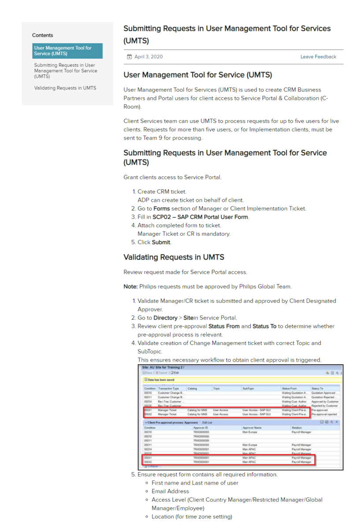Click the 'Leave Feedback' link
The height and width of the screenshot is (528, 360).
[x=318, y=57]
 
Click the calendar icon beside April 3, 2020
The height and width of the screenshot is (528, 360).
[x=129, y=57]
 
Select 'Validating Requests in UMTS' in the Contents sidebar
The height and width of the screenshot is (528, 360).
[x=65, y=88]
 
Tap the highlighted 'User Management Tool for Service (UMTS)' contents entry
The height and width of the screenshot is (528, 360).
[x=67, y=51]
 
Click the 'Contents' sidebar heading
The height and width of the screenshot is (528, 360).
[x=43, y=35]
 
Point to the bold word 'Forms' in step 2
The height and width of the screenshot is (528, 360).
[x=161, y=209]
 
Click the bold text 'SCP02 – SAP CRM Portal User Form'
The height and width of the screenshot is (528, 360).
[x=200, y=217]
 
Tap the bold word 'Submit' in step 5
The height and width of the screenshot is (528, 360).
[x=161, y=242]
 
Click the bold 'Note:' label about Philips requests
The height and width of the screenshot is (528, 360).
[x=130, y=287]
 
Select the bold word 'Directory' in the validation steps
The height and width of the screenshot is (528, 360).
[x=165, y=318]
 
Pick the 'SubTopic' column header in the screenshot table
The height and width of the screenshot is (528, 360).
[x=249, y=389]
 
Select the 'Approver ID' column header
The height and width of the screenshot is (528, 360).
[x=200, y=428]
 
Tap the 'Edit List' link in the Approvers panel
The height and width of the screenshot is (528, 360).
[x=207, y=422]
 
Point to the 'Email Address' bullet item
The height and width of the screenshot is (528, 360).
[x=170, y=491]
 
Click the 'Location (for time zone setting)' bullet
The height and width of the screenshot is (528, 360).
[x=192, y=517]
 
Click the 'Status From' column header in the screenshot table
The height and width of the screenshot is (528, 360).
[x=289, y=389]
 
